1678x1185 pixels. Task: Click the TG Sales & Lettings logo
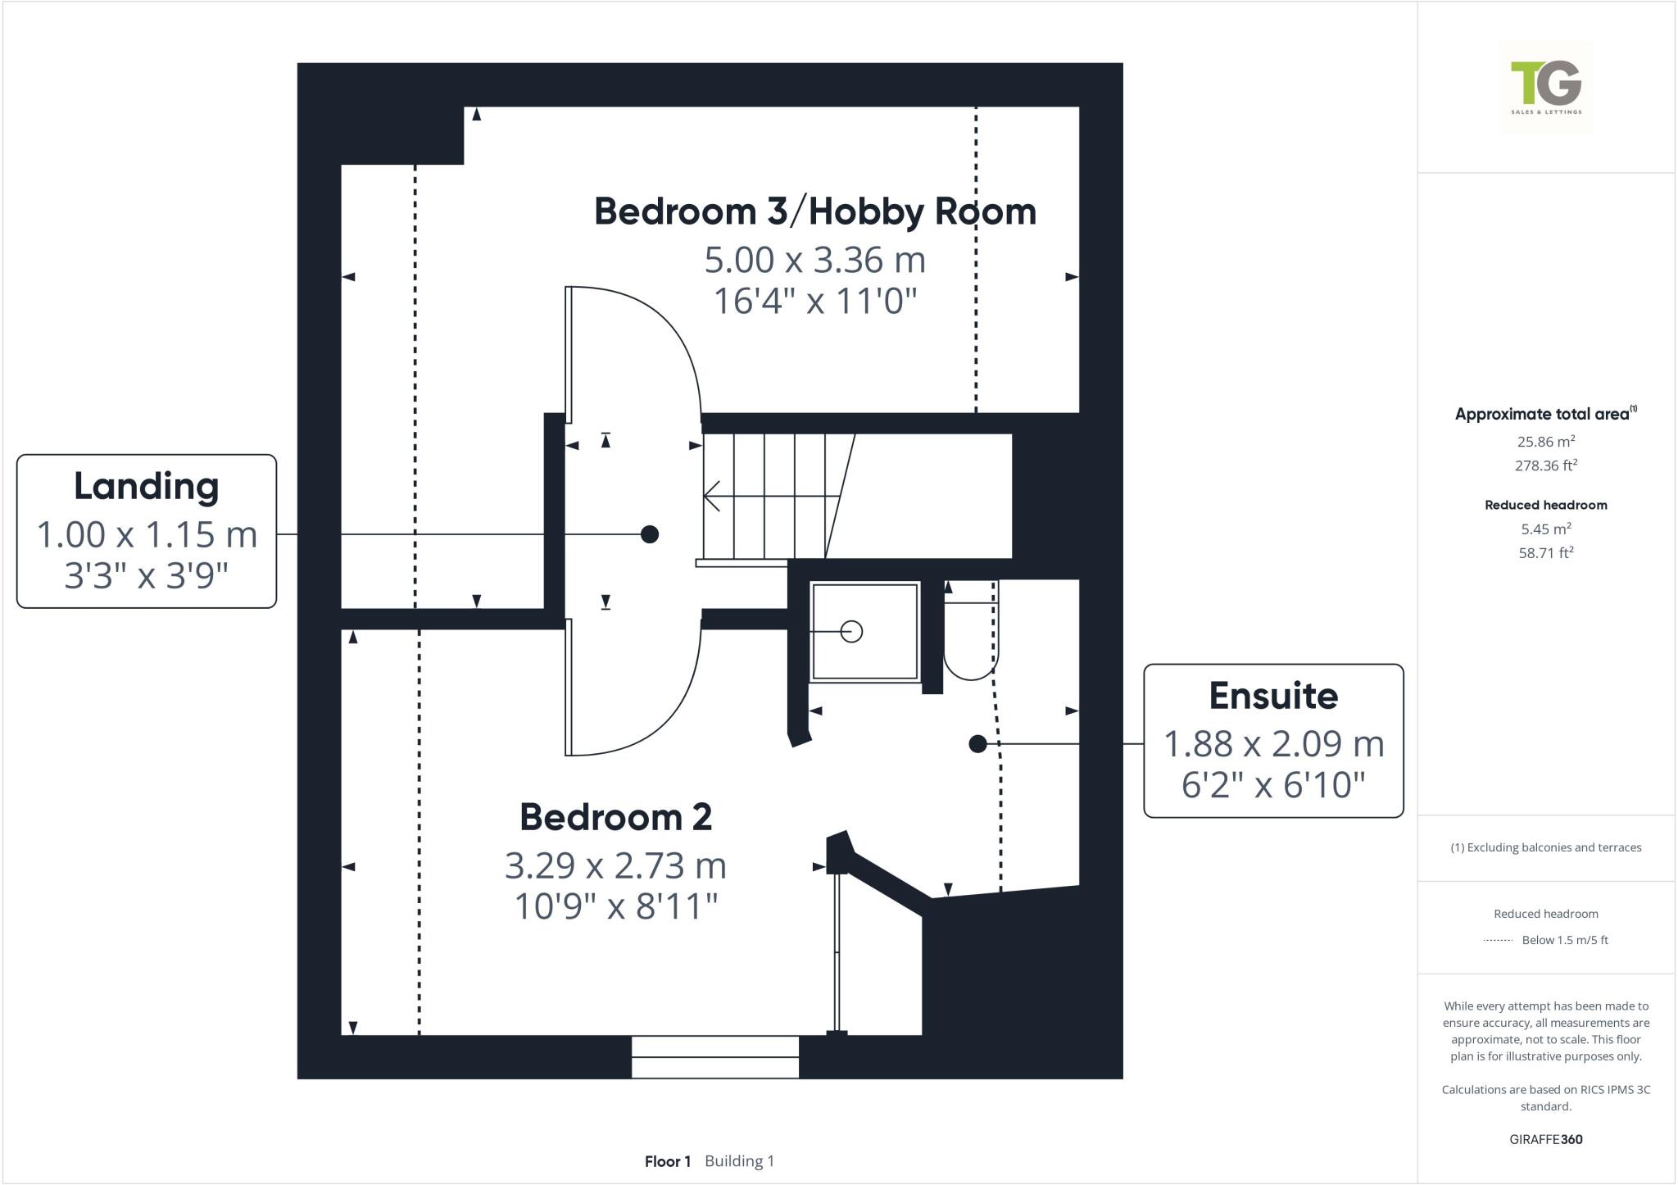1546,87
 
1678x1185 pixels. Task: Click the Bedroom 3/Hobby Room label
814,211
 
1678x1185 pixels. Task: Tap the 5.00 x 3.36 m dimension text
814,261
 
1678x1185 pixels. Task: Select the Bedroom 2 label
615,817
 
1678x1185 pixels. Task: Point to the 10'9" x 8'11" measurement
615,907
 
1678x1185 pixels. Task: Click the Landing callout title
147,486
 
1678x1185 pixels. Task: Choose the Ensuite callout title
1273,696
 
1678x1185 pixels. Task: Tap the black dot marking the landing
649,534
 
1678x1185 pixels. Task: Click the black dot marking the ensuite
977,744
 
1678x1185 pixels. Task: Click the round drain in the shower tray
852,632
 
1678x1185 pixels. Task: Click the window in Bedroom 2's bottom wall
714,1057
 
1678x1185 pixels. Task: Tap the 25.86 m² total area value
1545,442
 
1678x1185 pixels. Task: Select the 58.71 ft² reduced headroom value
1545,553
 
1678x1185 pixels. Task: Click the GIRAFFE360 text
1545,1139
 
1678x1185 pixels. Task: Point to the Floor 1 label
667,1161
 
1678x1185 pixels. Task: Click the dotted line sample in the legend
1498,941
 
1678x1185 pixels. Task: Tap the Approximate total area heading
1542,414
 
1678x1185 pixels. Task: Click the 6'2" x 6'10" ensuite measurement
1273,785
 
